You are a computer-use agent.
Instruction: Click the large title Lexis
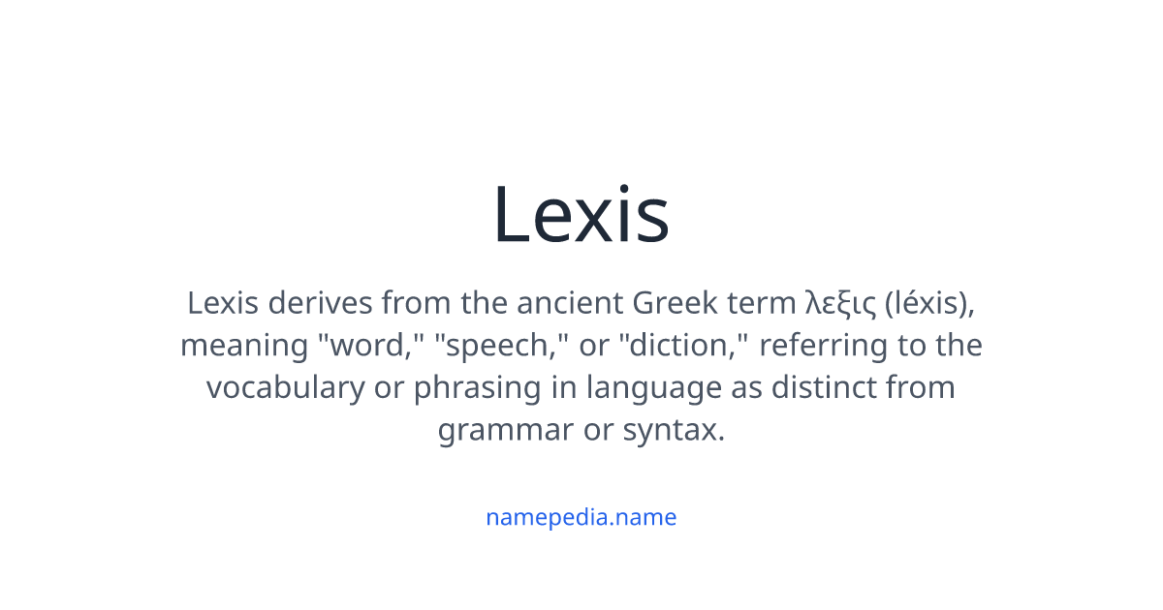[581, 214]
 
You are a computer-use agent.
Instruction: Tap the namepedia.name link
[581, 517]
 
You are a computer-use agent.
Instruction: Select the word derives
[321, 303]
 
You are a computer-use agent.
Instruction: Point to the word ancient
[570, 303]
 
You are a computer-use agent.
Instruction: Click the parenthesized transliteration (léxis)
[929, 304]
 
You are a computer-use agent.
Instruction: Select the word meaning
[244, 347]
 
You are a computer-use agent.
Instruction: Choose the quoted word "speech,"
[502, 346]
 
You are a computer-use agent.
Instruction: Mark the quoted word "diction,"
[684, 345]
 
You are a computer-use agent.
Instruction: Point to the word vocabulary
[286, 389]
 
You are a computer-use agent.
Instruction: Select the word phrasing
[478, 389]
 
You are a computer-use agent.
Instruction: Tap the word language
[654, 389]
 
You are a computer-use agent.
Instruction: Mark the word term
[761, 303]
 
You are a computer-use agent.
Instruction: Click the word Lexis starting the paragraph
[223, 303]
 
